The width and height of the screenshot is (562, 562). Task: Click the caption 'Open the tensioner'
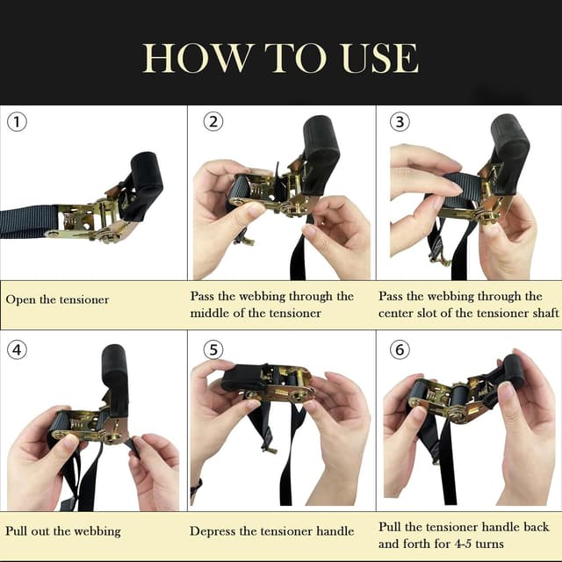tap(57, 299)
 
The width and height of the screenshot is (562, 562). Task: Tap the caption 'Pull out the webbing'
tap(62, 531)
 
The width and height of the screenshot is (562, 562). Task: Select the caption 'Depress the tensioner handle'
tap(272, 531)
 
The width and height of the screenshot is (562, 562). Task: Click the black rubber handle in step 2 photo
tap(321, 145)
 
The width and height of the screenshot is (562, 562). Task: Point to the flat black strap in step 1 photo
tap(26, 222)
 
